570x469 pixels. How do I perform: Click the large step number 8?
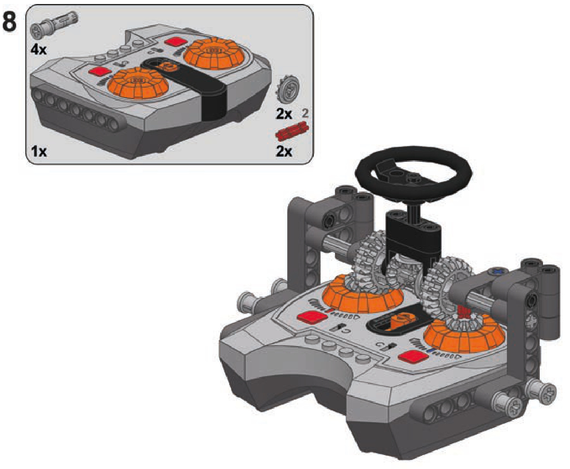click(9, 22)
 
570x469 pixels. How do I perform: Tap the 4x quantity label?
click(39, 50)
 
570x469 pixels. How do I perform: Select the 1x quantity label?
click(39, 151)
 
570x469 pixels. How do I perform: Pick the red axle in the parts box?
click(292, 131)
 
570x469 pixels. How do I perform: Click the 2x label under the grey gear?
click(284, 114)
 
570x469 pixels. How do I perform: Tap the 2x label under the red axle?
click(284, 151)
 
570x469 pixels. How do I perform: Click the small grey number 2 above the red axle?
click(305, 113)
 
